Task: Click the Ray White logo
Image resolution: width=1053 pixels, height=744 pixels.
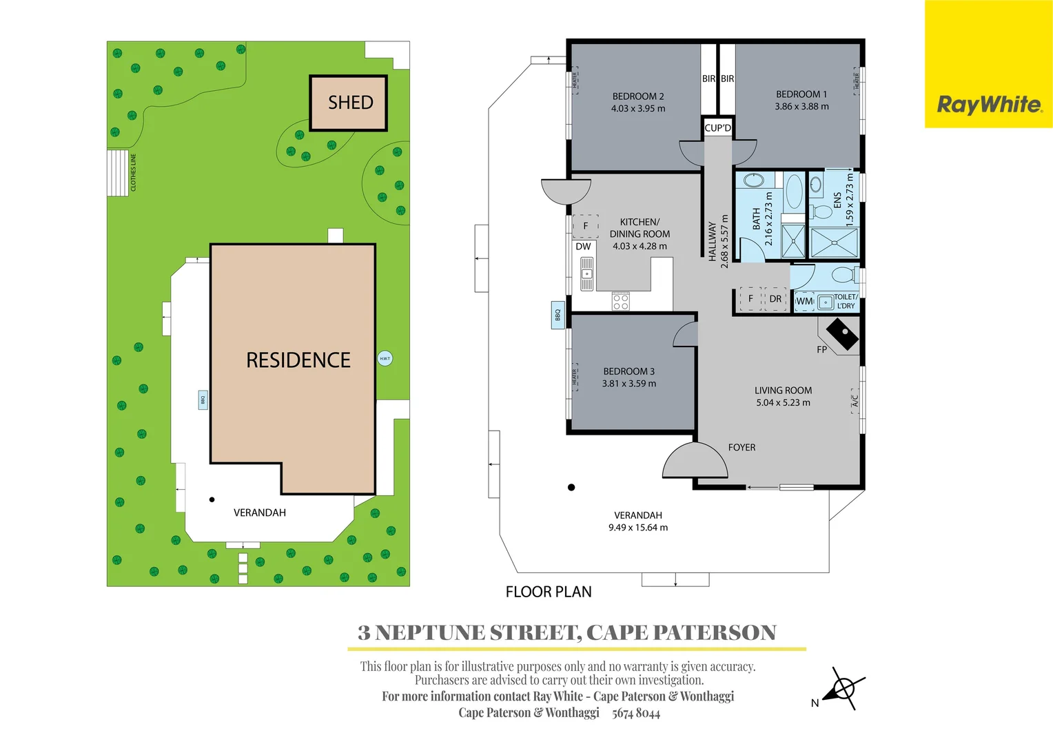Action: click(x=989, y=105)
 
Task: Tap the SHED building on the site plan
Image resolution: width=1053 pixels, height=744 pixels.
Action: click(x=349, y=103)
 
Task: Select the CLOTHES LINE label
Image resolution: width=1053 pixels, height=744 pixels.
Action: click(x=134, y=172)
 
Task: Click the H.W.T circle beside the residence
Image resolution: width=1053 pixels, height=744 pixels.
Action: click(x=385, y=358)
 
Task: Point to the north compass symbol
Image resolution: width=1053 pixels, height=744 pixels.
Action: click(x=842, y=688)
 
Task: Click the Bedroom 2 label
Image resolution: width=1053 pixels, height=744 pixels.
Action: click(x=638, y=96)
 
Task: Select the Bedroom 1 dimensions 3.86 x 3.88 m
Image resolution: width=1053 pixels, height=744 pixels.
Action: click(x=801, y=107)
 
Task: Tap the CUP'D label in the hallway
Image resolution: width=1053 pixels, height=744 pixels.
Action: click(x=717, y=128)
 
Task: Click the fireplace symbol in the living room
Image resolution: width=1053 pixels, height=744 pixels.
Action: click(x=842, y=334)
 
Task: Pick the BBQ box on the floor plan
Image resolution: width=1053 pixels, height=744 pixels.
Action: click(x=558, y=315)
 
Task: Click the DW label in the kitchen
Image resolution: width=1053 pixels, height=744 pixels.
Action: click(x=583, y=247)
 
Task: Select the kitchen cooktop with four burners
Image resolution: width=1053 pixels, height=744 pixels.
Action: click(x=620, y=301)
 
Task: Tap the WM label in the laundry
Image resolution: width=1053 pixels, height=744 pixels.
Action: click(x=804, y=301)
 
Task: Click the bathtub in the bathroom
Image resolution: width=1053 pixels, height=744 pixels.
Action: click(x=794, y=192)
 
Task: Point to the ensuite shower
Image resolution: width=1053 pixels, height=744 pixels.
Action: click(x=834, y=242)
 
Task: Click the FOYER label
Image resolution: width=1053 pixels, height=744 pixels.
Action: click(x=742, y=448)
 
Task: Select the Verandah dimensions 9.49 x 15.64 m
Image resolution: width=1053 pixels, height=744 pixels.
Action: click(x=637, y=528)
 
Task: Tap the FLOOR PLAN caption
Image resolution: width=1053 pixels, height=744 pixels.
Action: click(x=549, y=592)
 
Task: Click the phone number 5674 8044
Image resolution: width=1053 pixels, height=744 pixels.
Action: click(x=635, y=714)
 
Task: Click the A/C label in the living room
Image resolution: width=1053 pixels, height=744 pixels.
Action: click(x=855, y=399)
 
